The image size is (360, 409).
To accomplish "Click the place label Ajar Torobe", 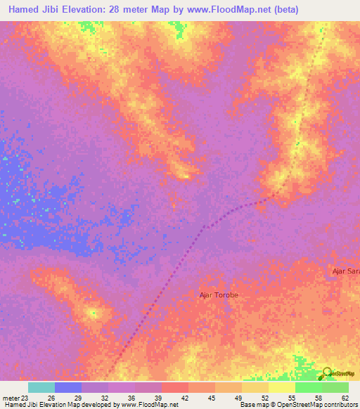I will [219, 295].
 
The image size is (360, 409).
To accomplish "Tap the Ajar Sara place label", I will [345, 271].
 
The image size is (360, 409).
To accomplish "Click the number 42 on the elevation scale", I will [184, 398].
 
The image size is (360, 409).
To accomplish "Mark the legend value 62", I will [345, 398].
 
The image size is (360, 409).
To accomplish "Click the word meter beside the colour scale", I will [10, 398].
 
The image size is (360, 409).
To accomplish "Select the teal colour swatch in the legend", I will [41, 387].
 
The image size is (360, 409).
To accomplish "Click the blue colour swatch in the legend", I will [68, 387].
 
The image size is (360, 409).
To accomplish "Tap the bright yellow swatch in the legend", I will [281, 387].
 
